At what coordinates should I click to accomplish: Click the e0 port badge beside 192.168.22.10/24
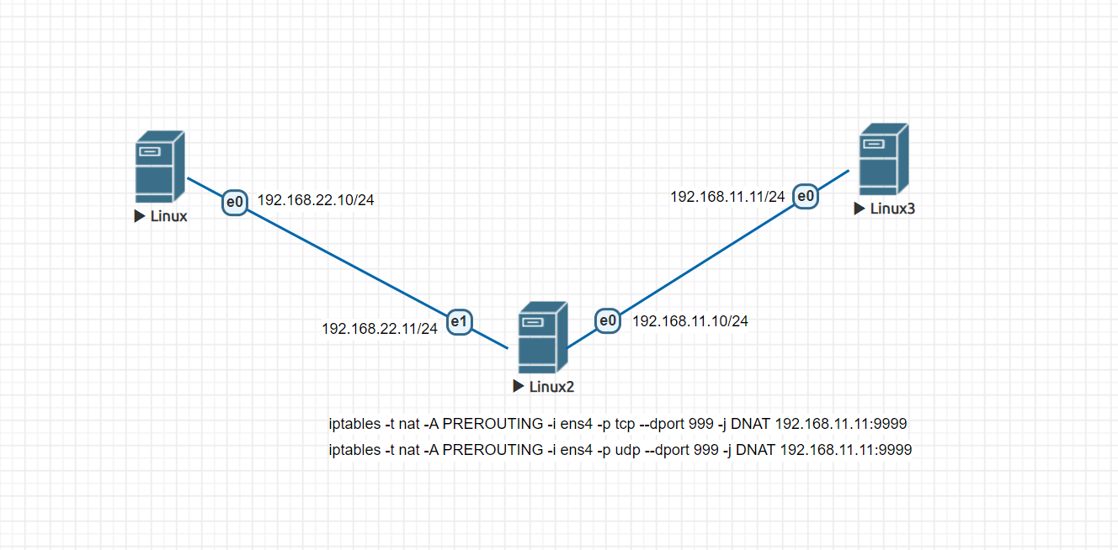tap(235, 202)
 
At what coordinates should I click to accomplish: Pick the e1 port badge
tap(459, 320)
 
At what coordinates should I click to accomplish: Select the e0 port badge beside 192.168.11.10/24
tap(608, 320)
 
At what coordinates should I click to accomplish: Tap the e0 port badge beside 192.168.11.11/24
tap(806, 197)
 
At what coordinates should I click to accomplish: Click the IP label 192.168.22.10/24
tap(316, 200)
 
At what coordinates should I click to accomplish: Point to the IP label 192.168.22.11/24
tap(380, 329)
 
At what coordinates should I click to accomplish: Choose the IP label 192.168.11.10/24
tap(690, 320)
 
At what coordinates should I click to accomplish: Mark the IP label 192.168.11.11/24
tap(727, 197)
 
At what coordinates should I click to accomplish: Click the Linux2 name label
tap(551, 387)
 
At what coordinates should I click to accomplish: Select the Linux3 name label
tap(892, 209)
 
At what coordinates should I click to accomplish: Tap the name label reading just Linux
tap(168, 216)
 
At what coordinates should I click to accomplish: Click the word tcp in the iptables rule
tap(624, 424)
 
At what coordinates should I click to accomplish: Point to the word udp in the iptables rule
tap(626, 450)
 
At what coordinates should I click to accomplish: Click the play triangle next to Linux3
tap(859, 209)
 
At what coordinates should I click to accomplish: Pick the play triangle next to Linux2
tap(519, 387)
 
